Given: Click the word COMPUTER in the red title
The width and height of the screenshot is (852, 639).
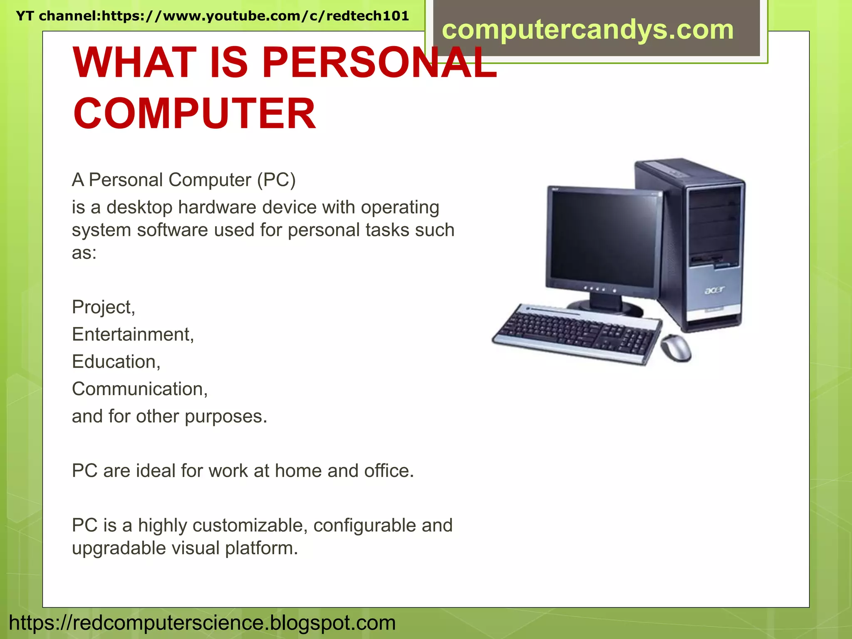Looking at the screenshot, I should click(x=194, y=114).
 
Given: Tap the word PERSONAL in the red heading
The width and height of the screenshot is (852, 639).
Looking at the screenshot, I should click(x=379, y=62).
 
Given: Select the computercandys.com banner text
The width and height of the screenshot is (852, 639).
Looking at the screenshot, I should click(x=587, y=30).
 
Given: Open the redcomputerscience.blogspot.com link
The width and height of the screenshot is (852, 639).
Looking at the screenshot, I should click(x=202, y=623).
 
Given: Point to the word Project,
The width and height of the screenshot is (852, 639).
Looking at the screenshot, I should click(x=104, y=307).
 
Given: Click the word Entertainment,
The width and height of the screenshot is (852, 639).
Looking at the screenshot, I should click(x=133, y=334).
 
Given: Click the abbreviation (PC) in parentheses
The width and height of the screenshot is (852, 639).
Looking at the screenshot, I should click(x=276, y=180).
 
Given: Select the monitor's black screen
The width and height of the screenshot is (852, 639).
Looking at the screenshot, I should click(x=603, y=237).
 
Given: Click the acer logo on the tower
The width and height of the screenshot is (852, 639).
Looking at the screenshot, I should click(x=714, y=290).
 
